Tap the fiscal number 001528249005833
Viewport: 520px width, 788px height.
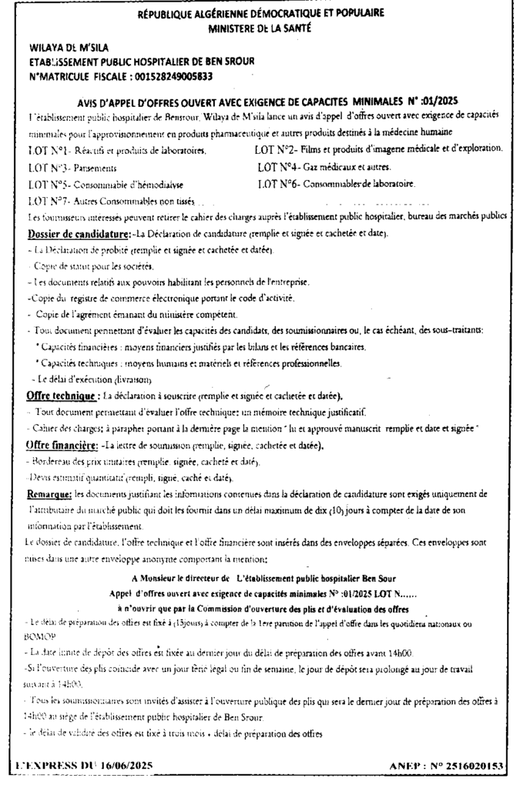pyautogui.click(x=163, y=76)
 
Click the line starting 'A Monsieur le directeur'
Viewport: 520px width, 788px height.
pyautogui.click(x=263, y=576)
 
